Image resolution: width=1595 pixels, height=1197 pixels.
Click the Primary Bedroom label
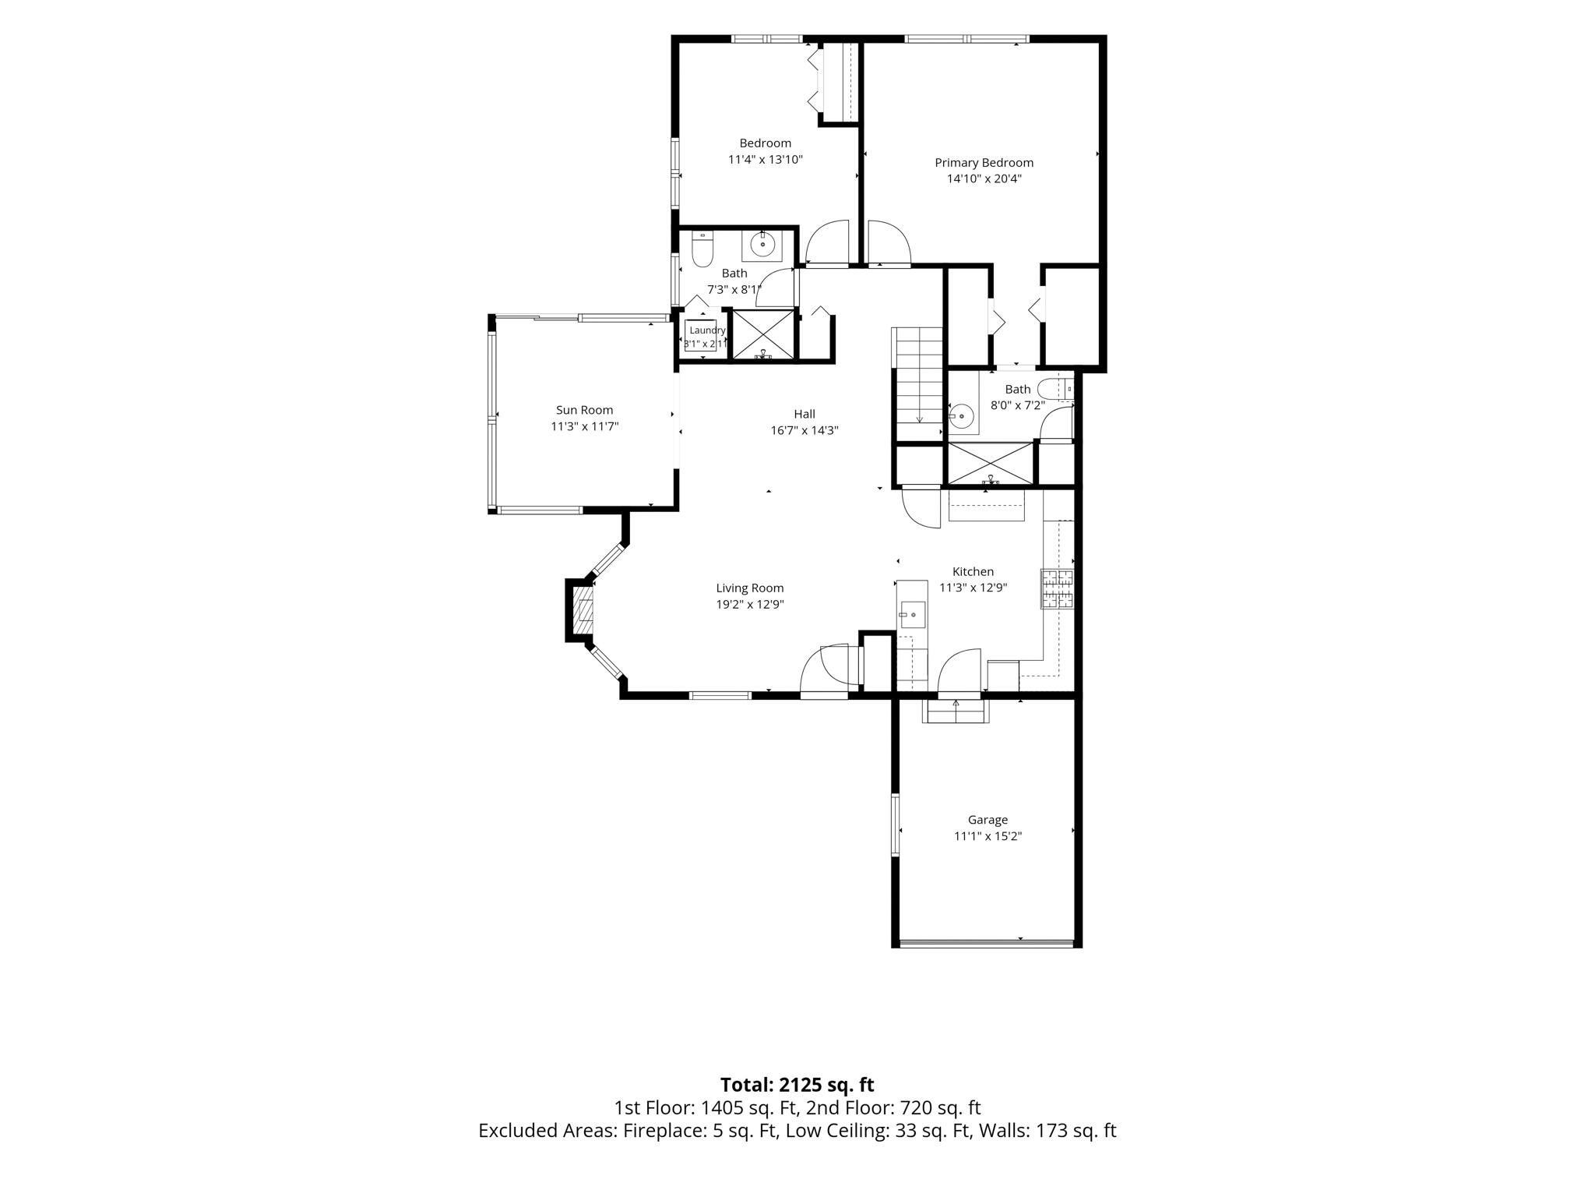tap(984, 163)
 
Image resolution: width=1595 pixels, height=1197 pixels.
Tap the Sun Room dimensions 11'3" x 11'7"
tap(584, 426)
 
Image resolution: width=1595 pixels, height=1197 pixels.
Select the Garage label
tap(988, 820)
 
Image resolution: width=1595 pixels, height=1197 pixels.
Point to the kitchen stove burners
tap(1057, 589)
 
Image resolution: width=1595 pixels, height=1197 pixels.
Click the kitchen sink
tap(911, 615)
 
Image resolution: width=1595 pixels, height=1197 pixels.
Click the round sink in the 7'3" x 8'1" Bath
tap(762, 245)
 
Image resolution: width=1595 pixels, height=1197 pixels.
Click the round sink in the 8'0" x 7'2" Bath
tap(962, 416)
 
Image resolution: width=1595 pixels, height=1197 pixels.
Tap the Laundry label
tap(707, 330)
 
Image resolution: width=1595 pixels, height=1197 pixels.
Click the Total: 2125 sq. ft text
tap(797, 1085)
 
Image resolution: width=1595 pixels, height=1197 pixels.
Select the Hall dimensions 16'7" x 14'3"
tap(805, 430)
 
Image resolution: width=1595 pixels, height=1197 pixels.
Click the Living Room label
tap(750, 588)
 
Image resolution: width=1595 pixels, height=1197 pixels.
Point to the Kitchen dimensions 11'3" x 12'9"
tap(974, 588)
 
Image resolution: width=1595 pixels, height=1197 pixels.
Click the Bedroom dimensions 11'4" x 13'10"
tap(766, 160)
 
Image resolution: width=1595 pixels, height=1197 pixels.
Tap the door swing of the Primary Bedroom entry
tap(889, 242)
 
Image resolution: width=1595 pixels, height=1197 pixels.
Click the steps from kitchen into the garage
tap(956, 711)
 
